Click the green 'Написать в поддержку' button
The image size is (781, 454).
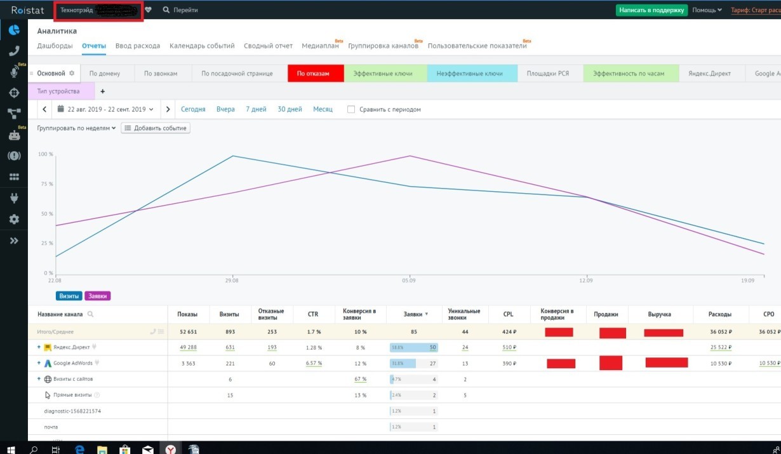651,10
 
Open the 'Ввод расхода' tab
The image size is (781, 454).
138,46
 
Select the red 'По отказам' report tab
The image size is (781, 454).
315,74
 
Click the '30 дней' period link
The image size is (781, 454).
290,109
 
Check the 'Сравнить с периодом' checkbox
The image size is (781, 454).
351,109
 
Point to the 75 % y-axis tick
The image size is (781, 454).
46,184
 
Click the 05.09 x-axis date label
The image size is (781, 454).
409,280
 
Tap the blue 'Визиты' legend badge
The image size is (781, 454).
69,296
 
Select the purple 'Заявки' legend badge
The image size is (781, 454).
97,296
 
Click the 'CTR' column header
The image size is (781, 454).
312,314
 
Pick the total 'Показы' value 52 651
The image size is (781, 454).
189,331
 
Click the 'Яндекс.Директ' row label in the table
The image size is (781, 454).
71,347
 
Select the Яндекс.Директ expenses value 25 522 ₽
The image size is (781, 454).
720,347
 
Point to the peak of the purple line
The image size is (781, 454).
410,156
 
